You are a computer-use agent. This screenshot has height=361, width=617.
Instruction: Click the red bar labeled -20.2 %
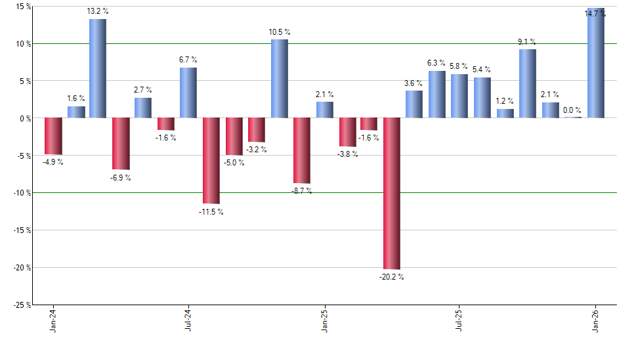(392, 194)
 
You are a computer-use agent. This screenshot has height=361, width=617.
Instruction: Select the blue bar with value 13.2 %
(98, 69)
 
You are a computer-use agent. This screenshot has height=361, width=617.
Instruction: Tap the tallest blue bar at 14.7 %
(595, 64)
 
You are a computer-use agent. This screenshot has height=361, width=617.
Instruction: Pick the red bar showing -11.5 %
(211, 161)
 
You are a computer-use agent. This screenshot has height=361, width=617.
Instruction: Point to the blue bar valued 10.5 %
(279, 79)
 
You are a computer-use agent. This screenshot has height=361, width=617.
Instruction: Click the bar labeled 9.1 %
(528, 84)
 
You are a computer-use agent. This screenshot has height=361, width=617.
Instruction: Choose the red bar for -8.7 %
(301, 150)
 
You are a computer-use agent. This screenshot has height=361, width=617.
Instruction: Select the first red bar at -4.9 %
(53, 136)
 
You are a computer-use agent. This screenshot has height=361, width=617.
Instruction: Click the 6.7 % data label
(188, 60)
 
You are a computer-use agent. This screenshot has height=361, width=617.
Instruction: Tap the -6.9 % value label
(121, 178)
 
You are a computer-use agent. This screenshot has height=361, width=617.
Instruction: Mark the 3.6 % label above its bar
(414, 83)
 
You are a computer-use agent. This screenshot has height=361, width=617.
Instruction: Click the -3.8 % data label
(347, 155)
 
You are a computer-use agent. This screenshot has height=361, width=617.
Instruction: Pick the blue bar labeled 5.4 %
(482, 98)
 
